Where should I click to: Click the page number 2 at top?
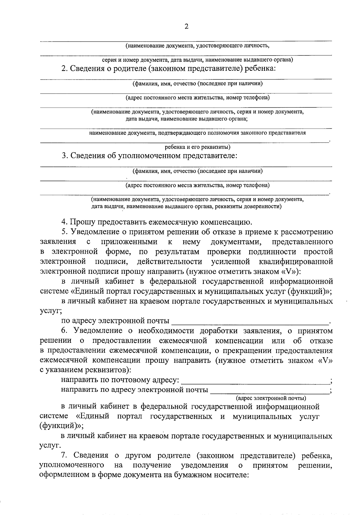click(x=186, y=27)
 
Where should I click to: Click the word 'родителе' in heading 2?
click(x=130, y=68)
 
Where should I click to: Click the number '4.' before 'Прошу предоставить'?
click(x=64, y=222)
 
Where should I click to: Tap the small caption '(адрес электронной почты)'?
click(x=271, y=398)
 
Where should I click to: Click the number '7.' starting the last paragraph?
click(x=64, y=456)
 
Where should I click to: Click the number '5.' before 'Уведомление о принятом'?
click(x=64, y=232)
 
